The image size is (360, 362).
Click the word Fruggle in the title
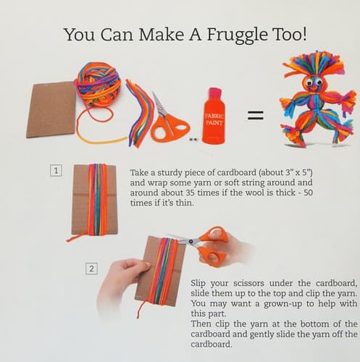(x=237, y=35)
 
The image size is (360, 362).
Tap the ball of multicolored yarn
(x=98, y=85)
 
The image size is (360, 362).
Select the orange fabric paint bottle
(x=214, y=116)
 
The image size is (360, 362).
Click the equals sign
(x=256, y=115)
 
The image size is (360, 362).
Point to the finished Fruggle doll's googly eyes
(x=314, y=83)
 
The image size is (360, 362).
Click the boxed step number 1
(x=56, y=171)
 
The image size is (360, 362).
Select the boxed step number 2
(x=92, y=269)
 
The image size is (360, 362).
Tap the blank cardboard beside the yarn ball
(x=51, y=110)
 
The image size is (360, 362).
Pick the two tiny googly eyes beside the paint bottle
(x=193, y=139)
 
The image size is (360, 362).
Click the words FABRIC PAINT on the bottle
(x=214, y=119)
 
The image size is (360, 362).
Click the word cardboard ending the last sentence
(x=212, y=344)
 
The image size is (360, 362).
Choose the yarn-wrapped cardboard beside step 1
(x=95, y=200)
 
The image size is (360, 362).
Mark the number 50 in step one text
(x=308, y=193)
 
